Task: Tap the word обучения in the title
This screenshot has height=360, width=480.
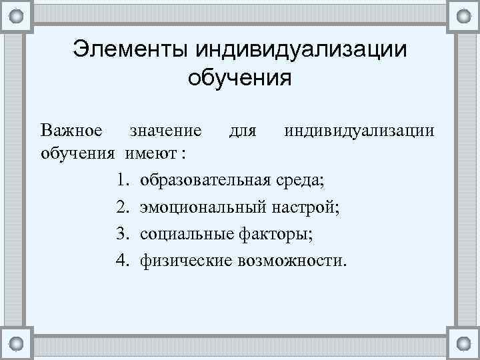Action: pos(240,79)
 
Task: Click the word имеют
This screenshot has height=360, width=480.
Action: pos(151,154)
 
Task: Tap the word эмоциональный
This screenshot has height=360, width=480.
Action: pos(201,207)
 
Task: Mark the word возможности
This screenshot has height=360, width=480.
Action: pos(291,259)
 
